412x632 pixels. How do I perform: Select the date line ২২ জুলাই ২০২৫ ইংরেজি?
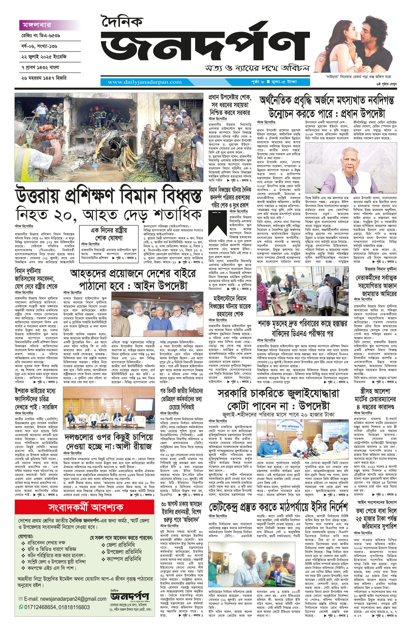[x=44, y=57]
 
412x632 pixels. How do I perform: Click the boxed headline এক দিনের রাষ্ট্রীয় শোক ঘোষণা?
[x=109, y=234]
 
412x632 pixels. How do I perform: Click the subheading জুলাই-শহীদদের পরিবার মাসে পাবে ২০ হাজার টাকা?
[x=278, y=415]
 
